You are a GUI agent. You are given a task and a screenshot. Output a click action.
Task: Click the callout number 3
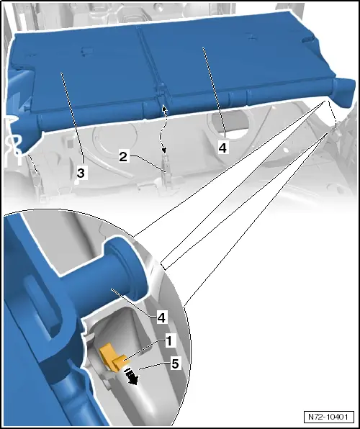click(x=81, y=173)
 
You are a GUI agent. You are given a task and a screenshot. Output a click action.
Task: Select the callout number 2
click(x=123, y=157)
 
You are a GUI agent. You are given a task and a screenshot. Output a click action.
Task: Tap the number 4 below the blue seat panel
click(x=223, y=148)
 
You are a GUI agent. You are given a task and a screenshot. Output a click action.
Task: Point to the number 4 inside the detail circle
click(x=161, y=318)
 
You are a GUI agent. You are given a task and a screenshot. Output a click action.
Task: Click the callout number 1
click(x=169, y=341)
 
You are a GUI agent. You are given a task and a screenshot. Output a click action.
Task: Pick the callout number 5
click(x=175, y=364)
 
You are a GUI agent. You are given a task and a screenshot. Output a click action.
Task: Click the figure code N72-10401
click(x=328, y=417)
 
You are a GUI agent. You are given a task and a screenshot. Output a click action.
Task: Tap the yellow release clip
click(x=113, y=358)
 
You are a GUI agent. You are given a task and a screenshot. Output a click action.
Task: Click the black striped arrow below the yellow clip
click(x=131, y=376)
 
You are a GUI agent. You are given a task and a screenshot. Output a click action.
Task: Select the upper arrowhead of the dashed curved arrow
click(x=163, y=107)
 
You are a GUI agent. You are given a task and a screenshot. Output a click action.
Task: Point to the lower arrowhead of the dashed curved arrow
click(x=164, y=150)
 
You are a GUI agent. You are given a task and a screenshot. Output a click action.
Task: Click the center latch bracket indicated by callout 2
click(x=166, y=171)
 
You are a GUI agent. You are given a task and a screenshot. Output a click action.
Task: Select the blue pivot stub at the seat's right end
click(x=344, y=89)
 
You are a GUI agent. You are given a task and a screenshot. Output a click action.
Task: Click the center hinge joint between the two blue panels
click(x=161, y=91)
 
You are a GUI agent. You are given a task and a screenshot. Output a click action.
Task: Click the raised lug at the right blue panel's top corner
click(x=309, y=40)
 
